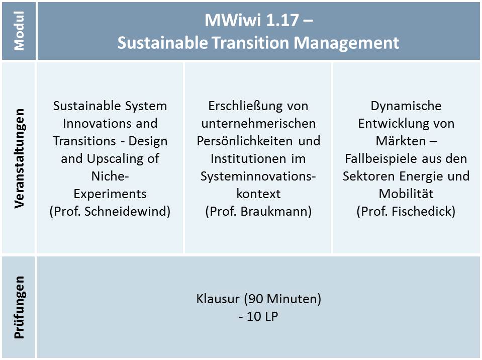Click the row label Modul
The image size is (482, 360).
pyautogui.click(x=19, y=31)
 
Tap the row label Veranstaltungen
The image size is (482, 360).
pyautogui.click(x=19, y=158)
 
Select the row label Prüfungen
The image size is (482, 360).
pyautogui.click(x=19, y=307)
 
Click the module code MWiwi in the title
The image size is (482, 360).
pyautogui.click(x=233, y=20)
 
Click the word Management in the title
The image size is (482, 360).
pyautogui.click(x=346, y=43)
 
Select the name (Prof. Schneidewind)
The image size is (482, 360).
pyautogui.click(x=110, y=211)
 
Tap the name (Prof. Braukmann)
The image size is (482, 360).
pyautogui.click(x=258, y=211)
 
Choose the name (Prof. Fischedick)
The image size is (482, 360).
pyautogui.click(x=406, y=211)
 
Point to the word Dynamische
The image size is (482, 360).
pyautogui.click(x=406, y=106)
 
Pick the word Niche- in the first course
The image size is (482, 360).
pyautogui.click(x=110, y=176)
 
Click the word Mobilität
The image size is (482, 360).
pyautogui.click(x=406, y=194)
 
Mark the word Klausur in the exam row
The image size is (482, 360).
pyautogui.click(x=218, y=299)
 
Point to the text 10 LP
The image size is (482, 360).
pyautogui.click(x=262, y=316)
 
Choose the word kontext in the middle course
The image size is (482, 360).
pyautogui.click(x=258, y=194)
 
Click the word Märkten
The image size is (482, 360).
pyautogui.click(x=401, y=141)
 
